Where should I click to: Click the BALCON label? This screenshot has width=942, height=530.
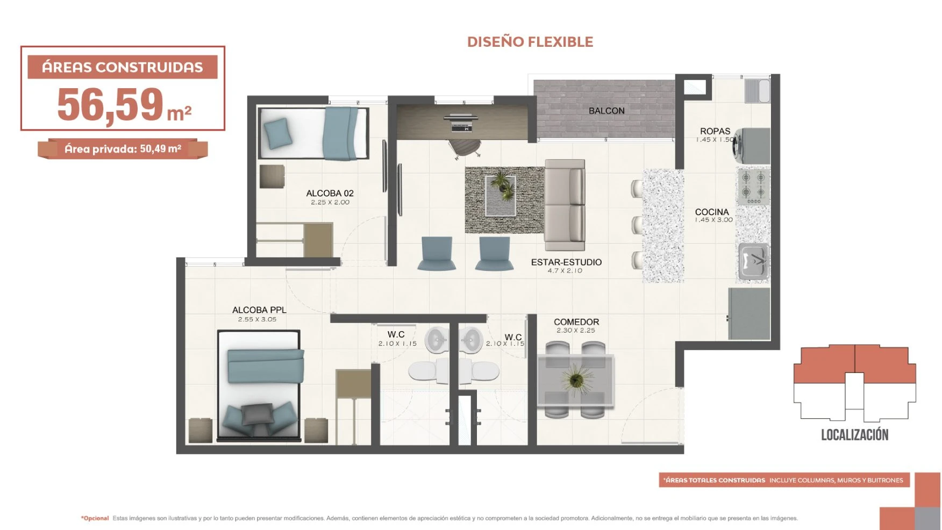pos(606,111)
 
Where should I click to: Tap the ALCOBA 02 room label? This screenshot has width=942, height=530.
pos(330,194)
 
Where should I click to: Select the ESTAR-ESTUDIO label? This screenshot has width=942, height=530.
pos(566,262)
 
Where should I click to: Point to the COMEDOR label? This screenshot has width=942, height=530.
pos(576,322)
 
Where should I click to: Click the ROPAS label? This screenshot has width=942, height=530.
pos(715,131)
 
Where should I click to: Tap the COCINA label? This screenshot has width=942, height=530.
pos(712,212)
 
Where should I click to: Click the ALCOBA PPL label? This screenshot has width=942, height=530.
pos(259,310)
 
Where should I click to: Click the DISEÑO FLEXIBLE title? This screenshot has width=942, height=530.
pos(530,42)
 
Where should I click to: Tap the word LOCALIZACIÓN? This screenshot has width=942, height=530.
pos(854,435)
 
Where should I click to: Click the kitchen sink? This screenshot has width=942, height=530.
pos(753,262)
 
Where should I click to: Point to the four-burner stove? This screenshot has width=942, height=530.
pos(753,186)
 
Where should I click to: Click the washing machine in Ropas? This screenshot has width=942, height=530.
pos(752,146)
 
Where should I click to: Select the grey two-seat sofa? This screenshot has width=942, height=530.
pos(565,205)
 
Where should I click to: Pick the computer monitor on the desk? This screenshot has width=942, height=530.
pos(461,117)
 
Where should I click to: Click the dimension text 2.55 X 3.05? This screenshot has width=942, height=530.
pos(258,319)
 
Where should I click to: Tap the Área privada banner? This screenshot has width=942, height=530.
pos(123,149)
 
